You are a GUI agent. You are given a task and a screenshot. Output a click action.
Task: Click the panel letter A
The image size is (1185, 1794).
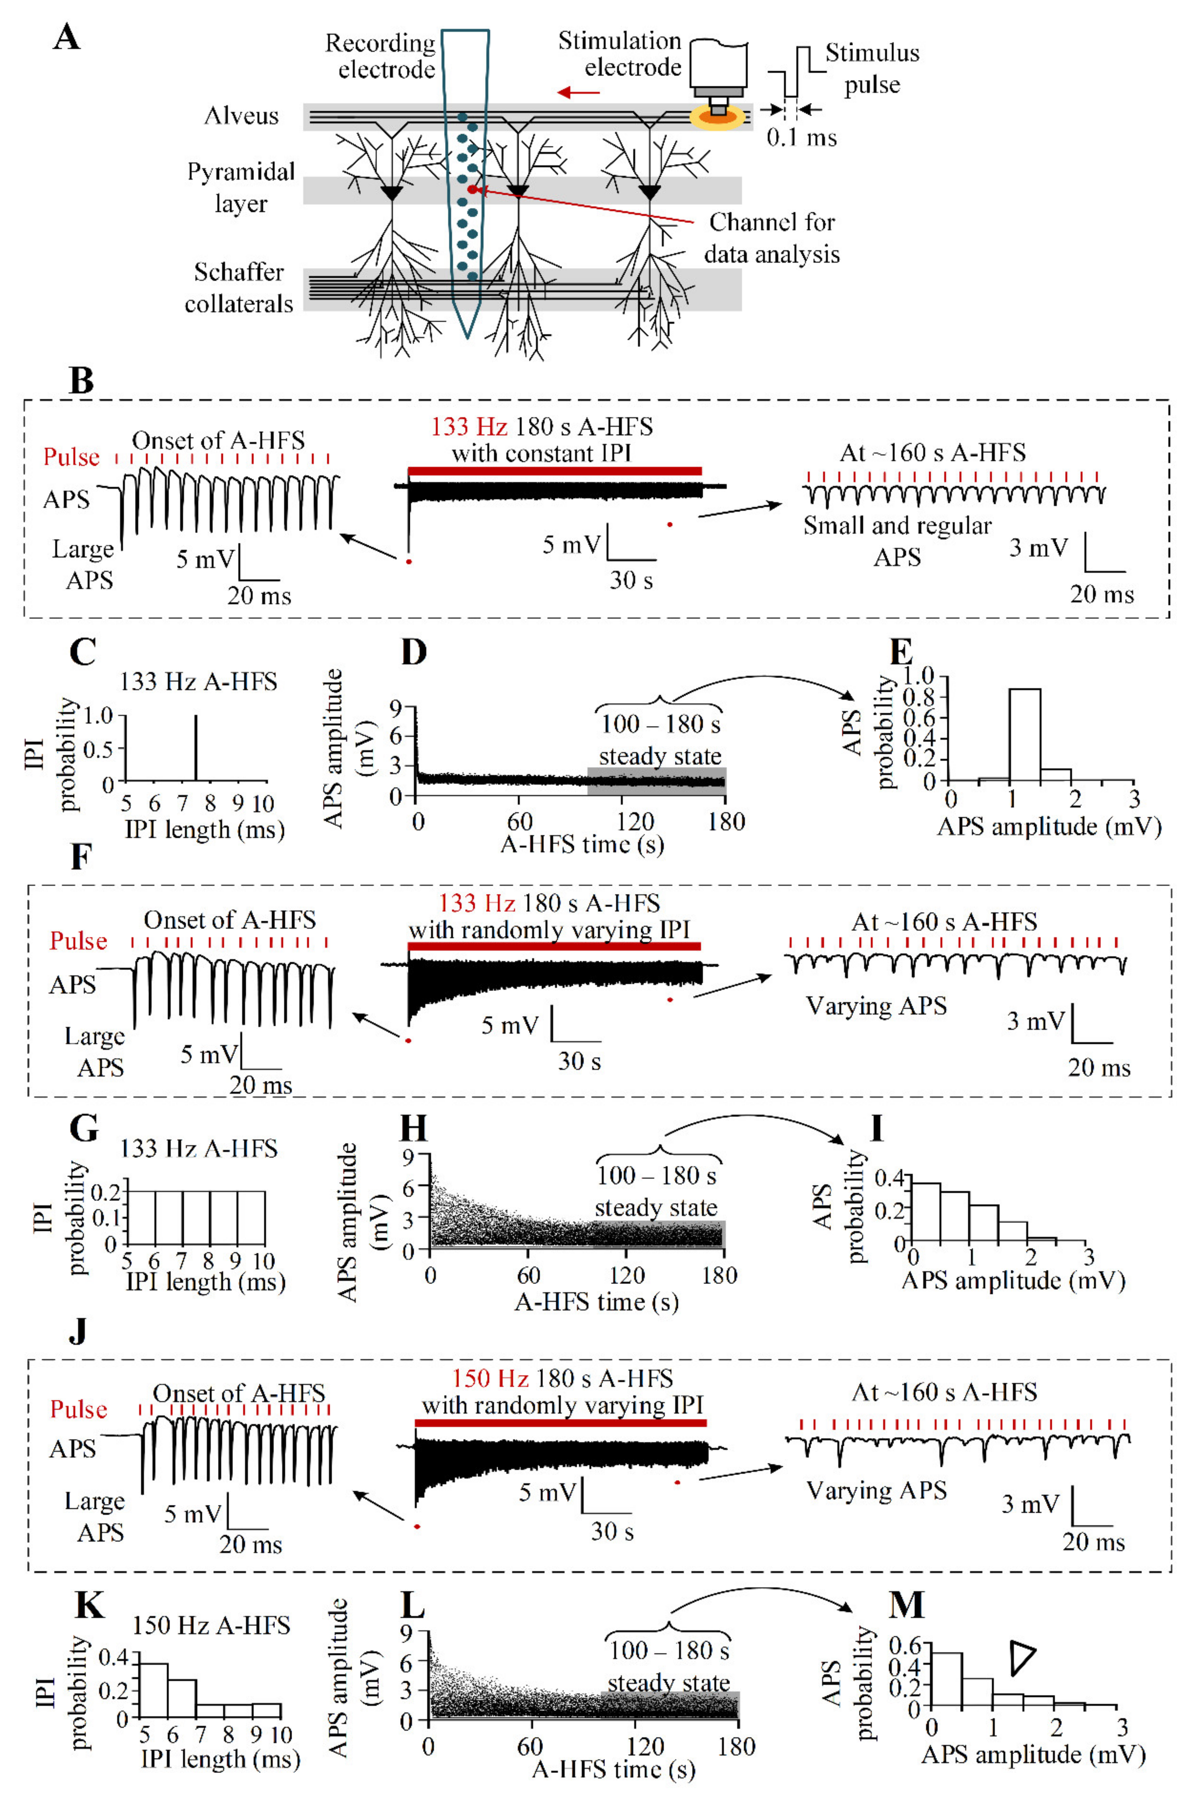[x=66, y=36]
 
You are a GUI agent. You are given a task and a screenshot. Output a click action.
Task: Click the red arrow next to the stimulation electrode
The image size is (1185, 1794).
[x=578, y=92]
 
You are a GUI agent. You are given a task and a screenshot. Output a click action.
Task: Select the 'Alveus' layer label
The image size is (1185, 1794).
[x=241, y=116]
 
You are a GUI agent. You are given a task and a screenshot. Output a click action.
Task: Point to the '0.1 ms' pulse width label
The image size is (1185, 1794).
[x=801, y=138]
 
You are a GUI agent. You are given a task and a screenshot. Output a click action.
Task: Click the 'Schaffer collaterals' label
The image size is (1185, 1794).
[x=239, y=287]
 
